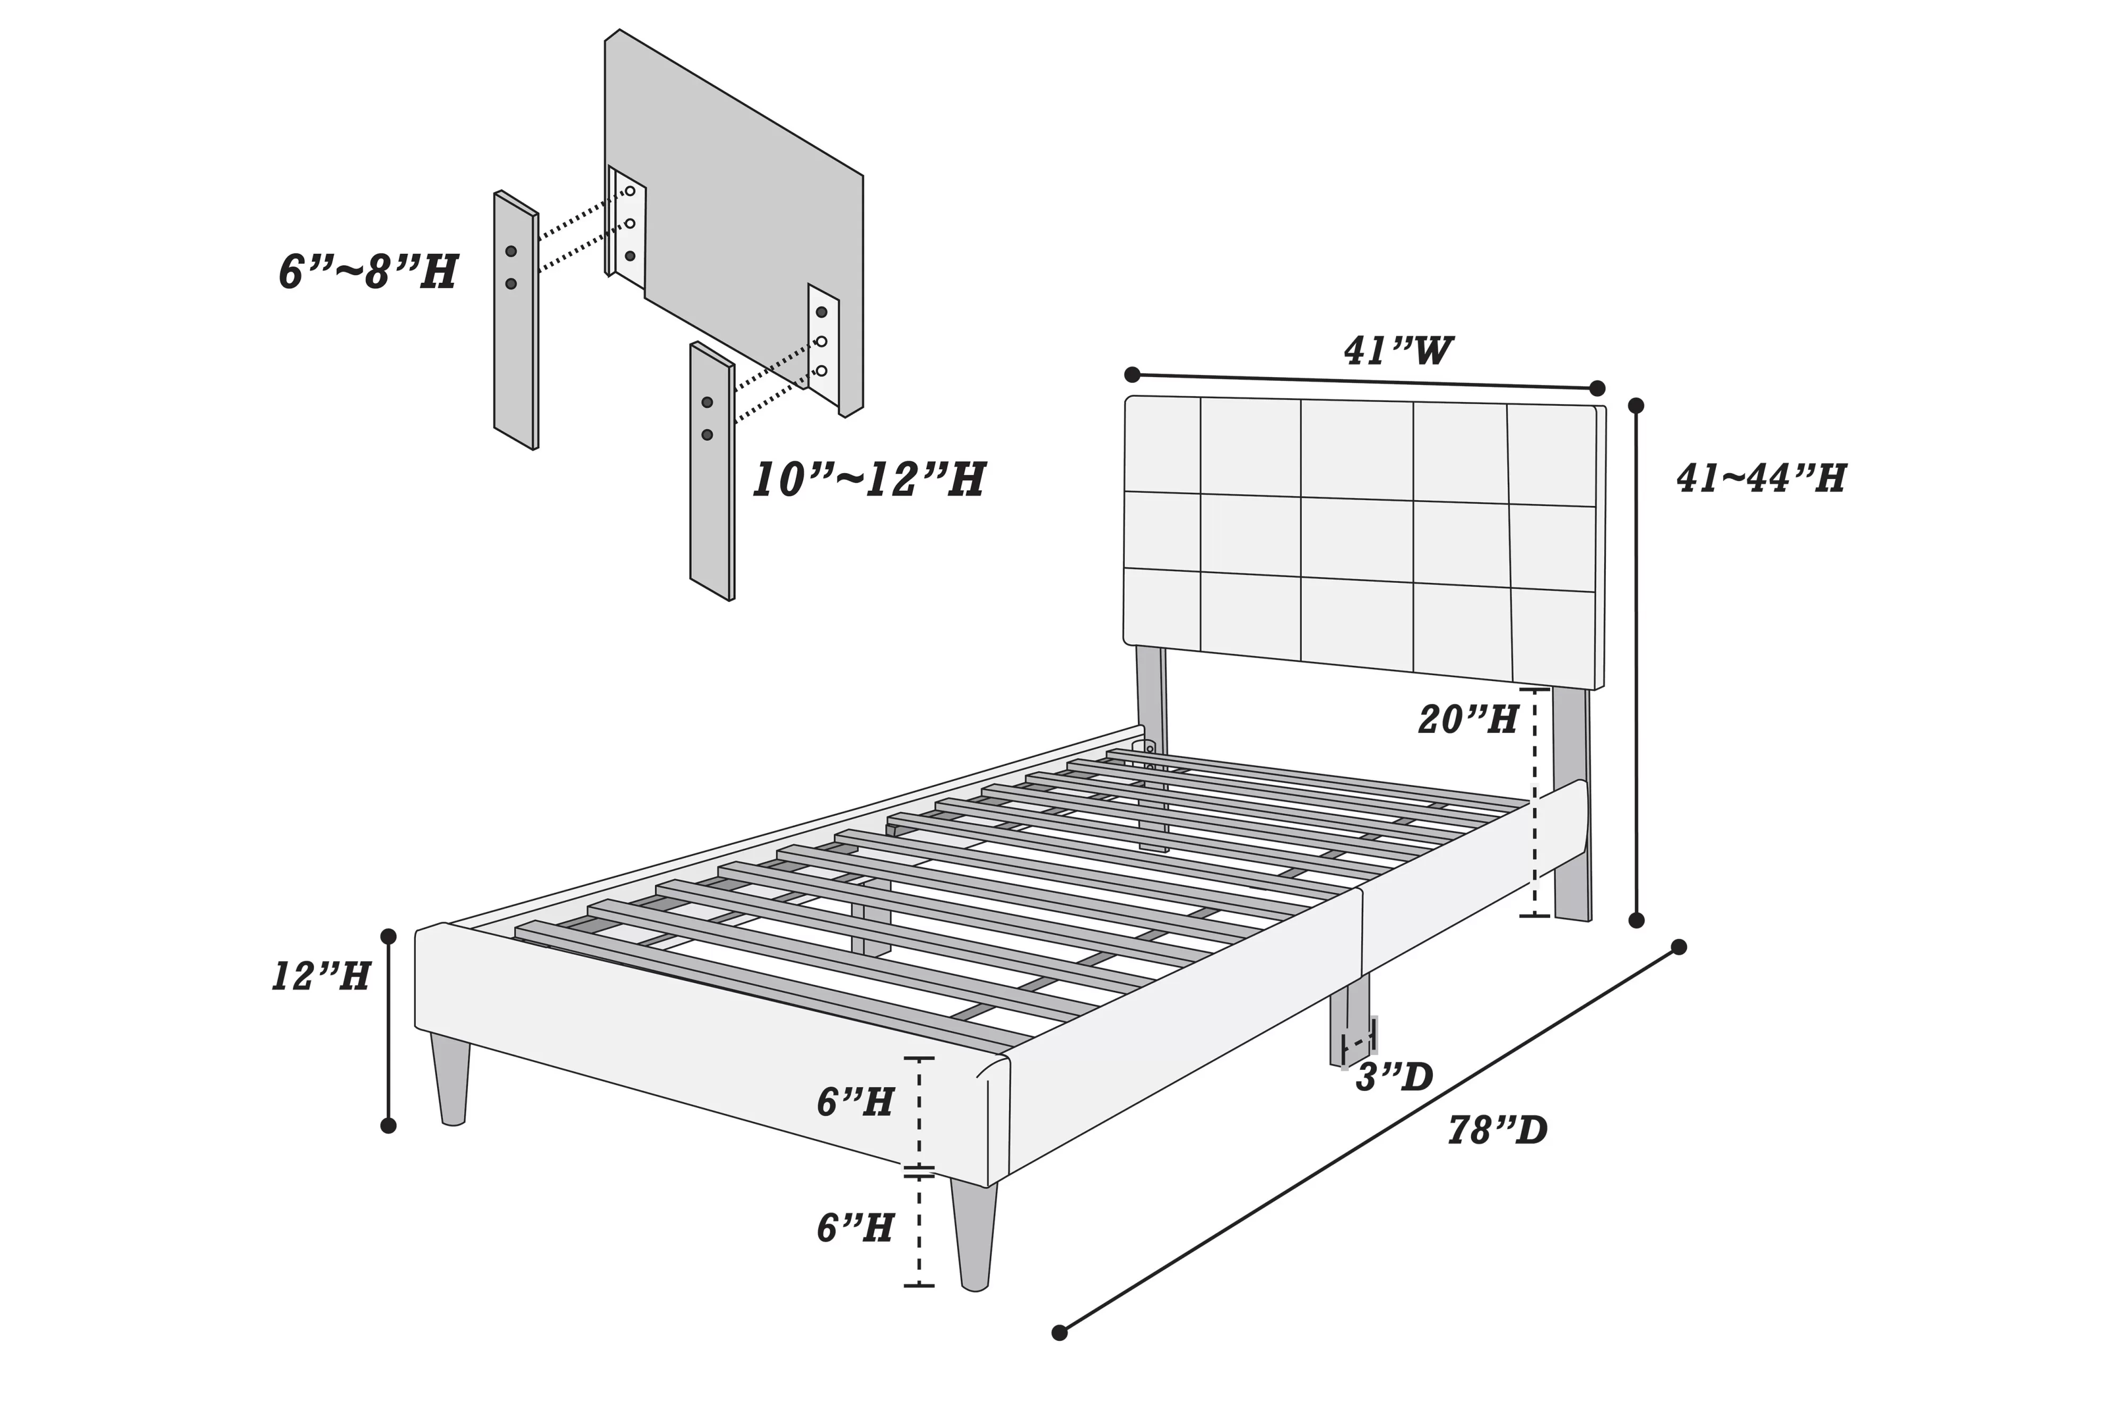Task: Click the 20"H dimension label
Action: click(x=1468, y=720)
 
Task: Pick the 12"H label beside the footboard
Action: click(x=321, y=976)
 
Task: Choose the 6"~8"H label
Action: click(x=368, y=272)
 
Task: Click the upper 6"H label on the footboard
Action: click(x=855, y=1102)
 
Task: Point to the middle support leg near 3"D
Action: click(x=1348, y=1019)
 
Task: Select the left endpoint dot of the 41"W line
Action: click(x=1133, y=374)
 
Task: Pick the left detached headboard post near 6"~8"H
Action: click(x=516, y=320)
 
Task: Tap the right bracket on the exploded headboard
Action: click(x=822, y=343)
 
